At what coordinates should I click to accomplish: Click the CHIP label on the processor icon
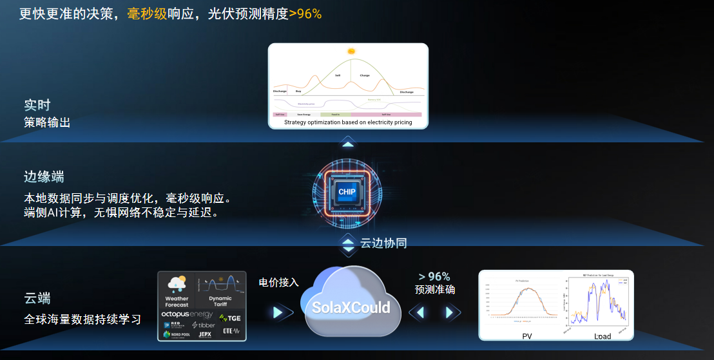click(347, 192)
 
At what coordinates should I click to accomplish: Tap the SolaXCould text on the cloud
click(351, 307)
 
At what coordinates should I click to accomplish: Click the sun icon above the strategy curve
click(351, 52)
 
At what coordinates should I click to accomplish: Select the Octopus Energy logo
click(187, 314)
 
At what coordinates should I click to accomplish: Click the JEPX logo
click(205, 335)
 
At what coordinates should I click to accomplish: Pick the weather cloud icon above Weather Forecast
click(176, 283)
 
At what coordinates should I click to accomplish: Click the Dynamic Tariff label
click(220, 301)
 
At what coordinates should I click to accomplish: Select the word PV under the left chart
click(527, 336)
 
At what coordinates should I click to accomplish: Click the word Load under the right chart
click(603, 336)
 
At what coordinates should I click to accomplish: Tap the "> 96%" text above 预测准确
click(434, 277)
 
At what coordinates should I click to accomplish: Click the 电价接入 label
click(278, 282)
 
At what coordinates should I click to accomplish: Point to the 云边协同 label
click(383, 243)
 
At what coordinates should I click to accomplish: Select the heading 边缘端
click(44, 177)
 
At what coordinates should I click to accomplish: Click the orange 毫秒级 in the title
click(147, 14)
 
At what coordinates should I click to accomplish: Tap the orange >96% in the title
click(305, 14)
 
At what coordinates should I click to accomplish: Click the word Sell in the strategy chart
click(338, 75)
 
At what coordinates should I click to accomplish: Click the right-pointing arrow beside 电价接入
click(278, 312)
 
